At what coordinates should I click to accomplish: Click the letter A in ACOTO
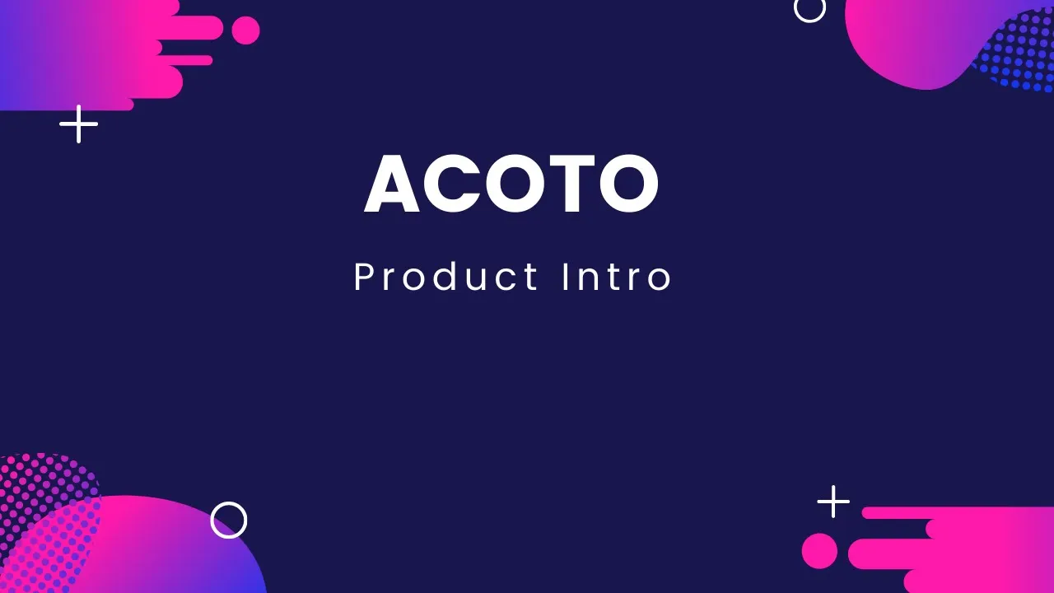[x=391, y=184]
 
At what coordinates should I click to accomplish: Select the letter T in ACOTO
[x=572, y=184]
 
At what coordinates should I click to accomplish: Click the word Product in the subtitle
[x=446, y=277]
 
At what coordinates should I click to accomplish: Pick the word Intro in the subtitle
[x=617, y=277]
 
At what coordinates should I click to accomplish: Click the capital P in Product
[x=364, y=277]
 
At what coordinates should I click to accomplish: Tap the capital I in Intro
[x=565, y=277]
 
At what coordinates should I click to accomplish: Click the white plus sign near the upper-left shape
[x=78, y=124]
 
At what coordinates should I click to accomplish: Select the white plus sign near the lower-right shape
[x=833, y=502]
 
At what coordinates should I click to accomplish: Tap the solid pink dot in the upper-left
[x=245, y=30]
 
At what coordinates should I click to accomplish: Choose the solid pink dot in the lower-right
[x=819, y=551]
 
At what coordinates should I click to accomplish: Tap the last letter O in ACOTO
[x=629, y=184]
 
